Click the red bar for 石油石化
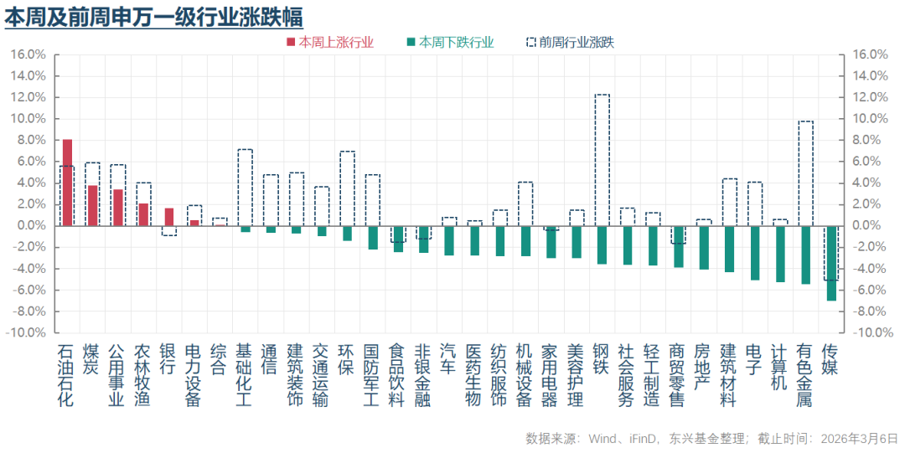point(67,182)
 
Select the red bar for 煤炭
point(93,205)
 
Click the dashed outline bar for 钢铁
point(602,159)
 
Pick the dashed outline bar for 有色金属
point(805,173)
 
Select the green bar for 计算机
point(780,254)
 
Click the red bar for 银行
point(168,217)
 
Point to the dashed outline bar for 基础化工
point(245,187)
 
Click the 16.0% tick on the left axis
point(28,54)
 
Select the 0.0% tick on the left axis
point(31,225)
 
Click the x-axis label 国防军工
point(372,374)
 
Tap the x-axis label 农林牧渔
point(143,374)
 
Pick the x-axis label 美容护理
point(576,374)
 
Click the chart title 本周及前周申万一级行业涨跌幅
point(154,17)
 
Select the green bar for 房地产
point(704,247)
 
